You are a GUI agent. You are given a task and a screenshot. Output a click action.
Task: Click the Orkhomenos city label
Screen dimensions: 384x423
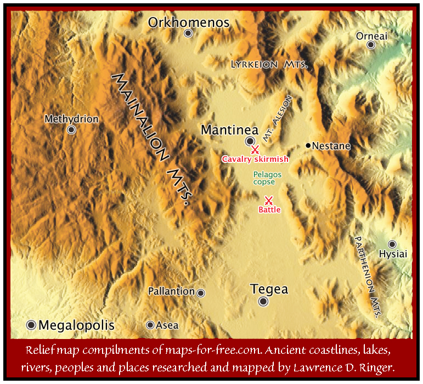click(189, 22)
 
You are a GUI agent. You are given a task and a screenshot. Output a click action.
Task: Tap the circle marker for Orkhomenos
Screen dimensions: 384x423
click(188, 33)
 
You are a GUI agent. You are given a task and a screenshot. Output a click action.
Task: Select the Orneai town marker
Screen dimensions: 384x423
click(371, 45)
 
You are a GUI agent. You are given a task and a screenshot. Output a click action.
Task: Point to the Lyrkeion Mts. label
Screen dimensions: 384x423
click(269, 65)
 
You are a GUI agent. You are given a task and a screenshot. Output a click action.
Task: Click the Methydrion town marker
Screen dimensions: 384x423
click(71, 129)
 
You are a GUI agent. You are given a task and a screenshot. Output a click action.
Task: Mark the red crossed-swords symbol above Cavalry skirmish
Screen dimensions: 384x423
click(255, 150)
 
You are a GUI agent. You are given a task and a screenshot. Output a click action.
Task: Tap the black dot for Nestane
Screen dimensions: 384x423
click(308, 145)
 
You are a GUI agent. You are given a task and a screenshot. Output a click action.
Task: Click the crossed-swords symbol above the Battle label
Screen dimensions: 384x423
click(269, 200)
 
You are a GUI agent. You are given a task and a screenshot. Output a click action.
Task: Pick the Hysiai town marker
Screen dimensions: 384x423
click(392, 244)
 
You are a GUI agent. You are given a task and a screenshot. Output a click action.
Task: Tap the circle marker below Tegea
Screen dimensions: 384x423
click(264, 302)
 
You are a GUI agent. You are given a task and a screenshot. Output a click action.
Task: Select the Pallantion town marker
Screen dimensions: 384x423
click(201, 293)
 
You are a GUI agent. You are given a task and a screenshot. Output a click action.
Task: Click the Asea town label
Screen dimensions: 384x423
click(167, 325)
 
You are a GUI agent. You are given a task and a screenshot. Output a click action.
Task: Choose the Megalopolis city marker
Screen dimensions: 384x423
click(31, 324)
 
